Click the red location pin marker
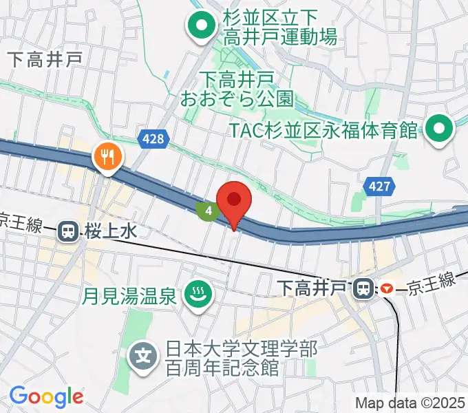tap(233, 201)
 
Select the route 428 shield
tap(153, 140)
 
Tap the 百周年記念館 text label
tap(222, 368)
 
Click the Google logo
tap(46, 396)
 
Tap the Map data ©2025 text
tap(410, 403)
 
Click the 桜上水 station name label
tap(111, 232)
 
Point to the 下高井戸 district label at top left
tap(46, 59)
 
